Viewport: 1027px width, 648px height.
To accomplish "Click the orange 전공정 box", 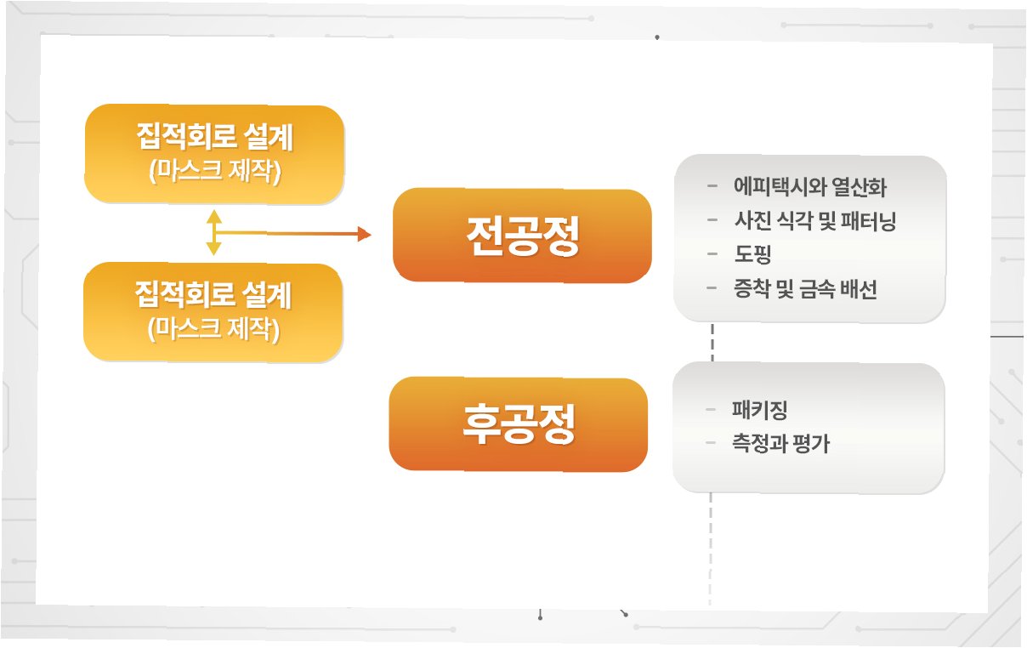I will (x=522, y=236).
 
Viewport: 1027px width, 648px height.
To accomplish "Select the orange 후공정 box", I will (x=518, y=423).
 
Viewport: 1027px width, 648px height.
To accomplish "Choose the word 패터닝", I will (x=867, y=222).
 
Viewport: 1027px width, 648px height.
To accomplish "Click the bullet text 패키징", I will (x=759, y=410).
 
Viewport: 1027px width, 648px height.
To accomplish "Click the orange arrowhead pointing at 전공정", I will (x=364, y=234).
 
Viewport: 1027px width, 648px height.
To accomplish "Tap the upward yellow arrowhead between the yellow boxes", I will (x=214, y=216).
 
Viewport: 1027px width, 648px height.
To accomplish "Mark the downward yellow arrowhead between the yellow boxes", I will (x=214, y=248).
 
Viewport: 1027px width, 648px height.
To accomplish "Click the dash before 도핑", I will (x=712, y=254).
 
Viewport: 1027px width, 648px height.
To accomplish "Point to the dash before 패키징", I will (x=712, y=410).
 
